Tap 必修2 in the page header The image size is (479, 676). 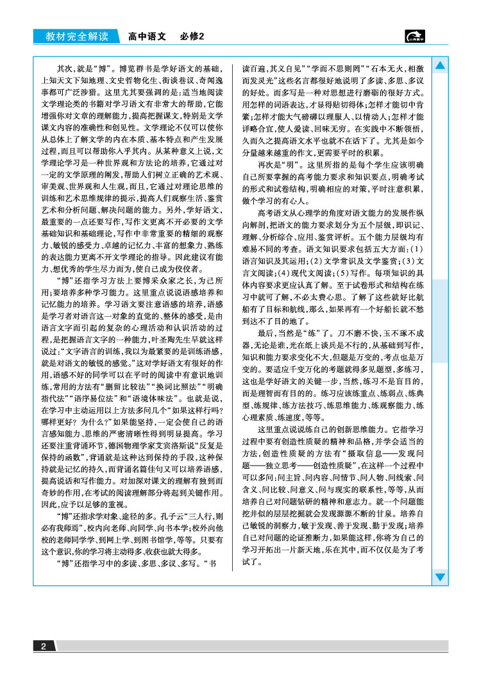tap(191, 36)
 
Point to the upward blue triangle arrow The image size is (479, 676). tap(440, 65)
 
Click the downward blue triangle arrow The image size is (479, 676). tap(440, 577)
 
